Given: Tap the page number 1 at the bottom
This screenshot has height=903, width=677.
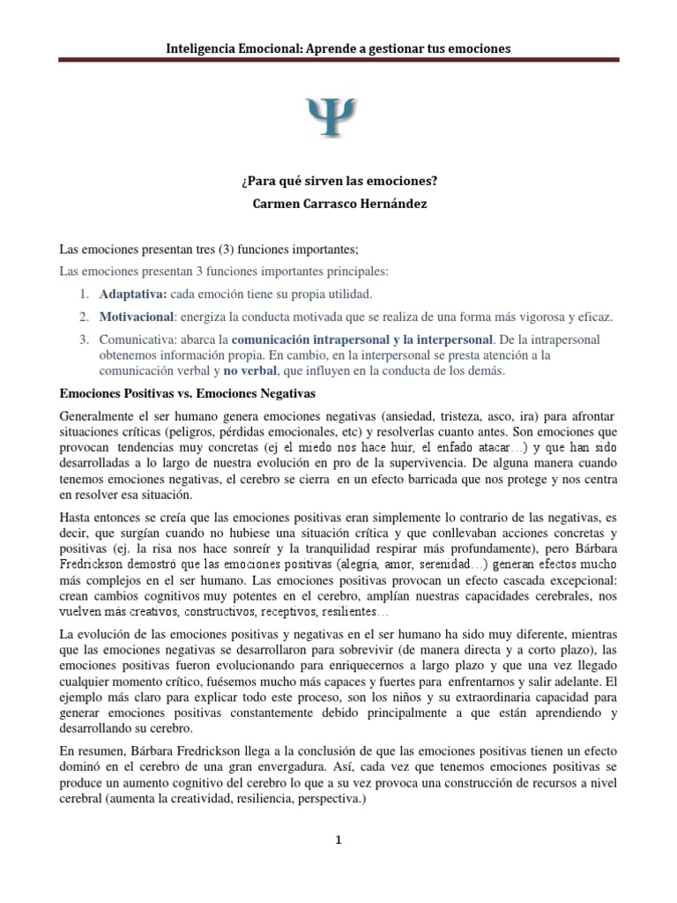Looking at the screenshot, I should coord(338,840).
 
